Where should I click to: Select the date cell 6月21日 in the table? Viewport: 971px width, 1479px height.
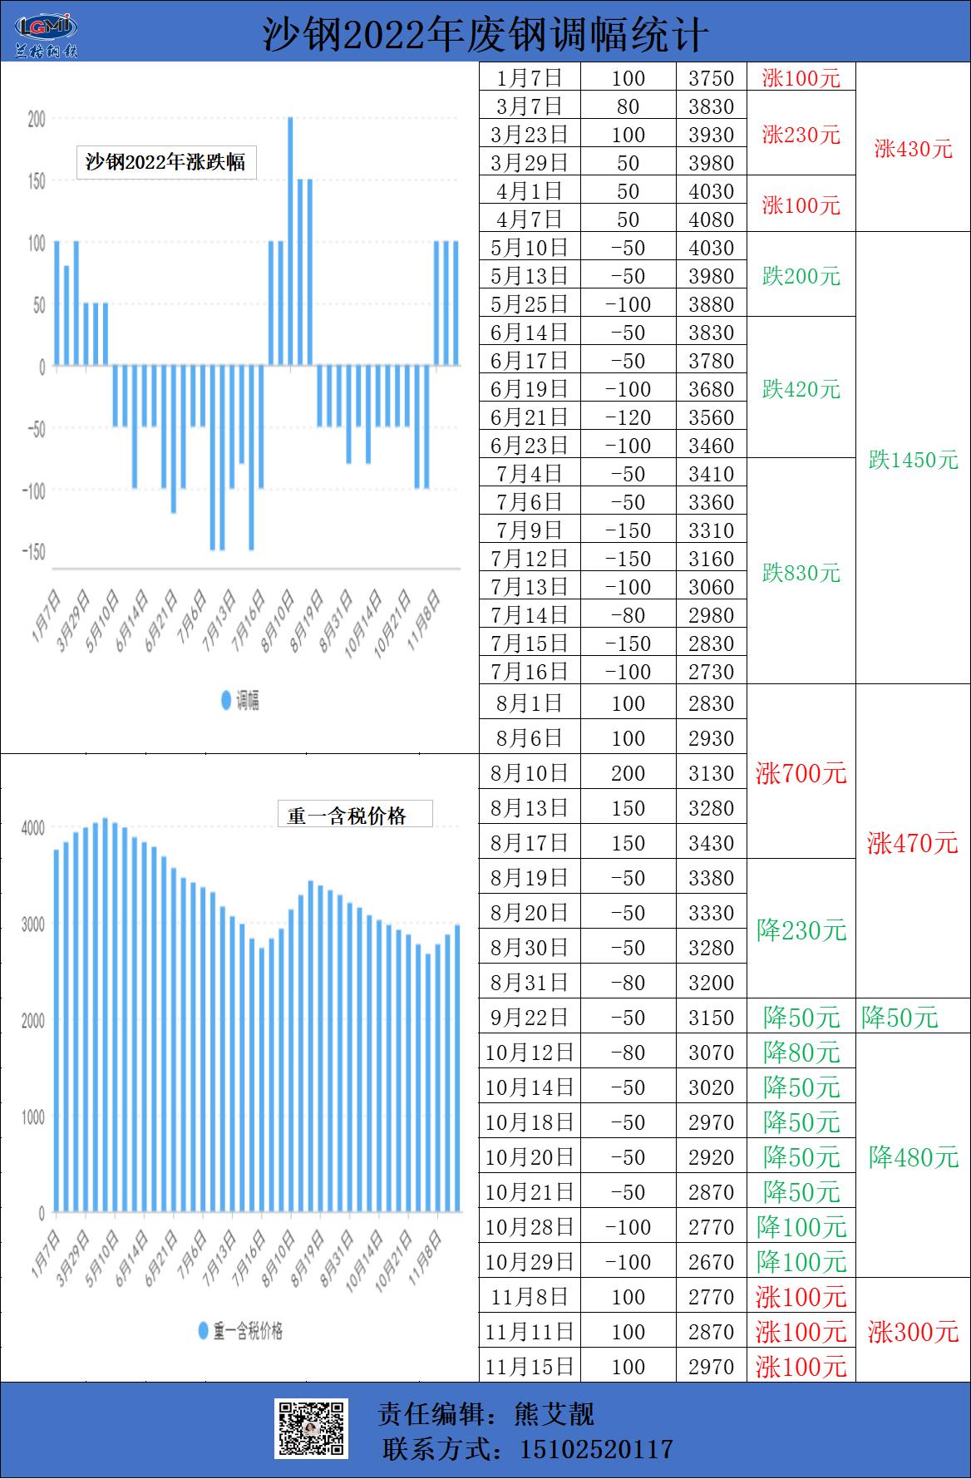point(530,417)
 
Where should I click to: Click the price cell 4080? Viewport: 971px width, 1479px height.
point(711,219)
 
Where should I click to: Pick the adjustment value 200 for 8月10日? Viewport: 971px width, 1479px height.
point(628,773)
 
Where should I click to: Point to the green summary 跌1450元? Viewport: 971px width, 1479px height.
point(913,460)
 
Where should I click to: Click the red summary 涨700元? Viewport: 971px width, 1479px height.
point(801,773)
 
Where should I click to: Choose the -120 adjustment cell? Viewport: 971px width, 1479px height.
point(628,417)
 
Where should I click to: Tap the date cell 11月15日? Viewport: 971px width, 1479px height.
point(530,1367)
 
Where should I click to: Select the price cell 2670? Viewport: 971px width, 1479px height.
point(711,1262)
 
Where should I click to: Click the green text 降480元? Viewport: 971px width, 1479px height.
point(913,1157)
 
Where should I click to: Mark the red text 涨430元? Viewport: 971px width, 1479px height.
point(913,149)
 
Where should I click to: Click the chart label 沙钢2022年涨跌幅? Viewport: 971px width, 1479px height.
point(165,161)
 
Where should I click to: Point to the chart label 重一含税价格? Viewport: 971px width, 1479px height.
point(347,816)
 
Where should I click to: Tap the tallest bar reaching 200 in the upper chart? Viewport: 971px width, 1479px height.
point(290,241)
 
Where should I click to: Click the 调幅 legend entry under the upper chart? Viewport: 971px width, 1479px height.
point(241,701)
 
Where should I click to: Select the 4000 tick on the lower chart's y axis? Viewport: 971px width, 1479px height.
point(33,828)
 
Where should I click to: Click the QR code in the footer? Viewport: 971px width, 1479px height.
point(311,1428)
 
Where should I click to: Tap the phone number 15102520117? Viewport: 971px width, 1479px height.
point(595,1450)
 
